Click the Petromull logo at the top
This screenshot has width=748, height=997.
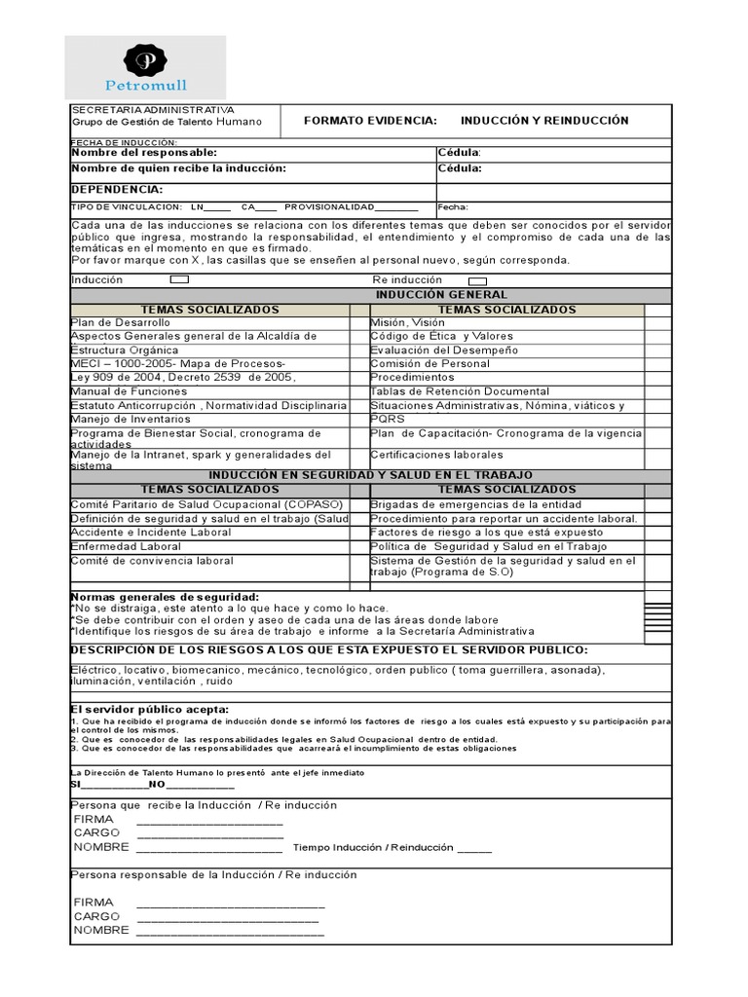[x=145, y=67]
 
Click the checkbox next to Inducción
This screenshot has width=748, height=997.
[x=179, y=279]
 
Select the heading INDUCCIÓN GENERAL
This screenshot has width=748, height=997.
[x=441, y=294]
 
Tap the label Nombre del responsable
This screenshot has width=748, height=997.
[x=144, y=153]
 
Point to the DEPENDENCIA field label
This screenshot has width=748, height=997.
[x=118, y=190]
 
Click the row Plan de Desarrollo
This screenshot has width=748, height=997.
[x=121, y=322]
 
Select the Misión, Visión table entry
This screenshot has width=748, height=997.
[x=407, y=322]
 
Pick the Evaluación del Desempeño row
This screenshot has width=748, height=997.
[x=444, y=350]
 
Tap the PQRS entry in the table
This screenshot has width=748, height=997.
[x=388, y=419]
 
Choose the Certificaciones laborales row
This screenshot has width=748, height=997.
[x=436, y=455]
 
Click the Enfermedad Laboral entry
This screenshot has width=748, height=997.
[x=126, y=547]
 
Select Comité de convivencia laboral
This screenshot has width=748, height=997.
[x=152, y=561]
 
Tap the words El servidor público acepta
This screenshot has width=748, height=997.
[x=150, y=710]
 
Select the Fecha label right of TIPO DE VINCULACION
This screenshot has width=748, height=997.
[x=453, y=207]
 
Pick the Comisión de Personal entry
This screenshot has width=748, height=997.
[x=430, y=363]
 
